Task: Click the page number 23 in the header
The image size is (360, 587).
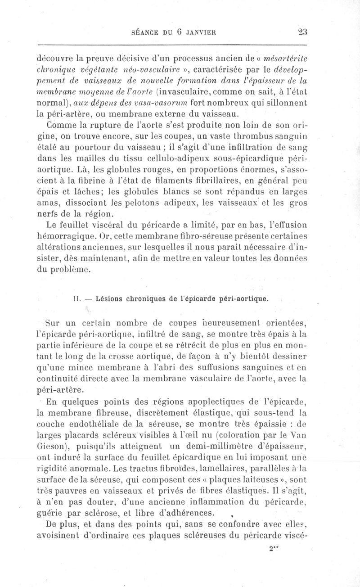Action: pos(301,32)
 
